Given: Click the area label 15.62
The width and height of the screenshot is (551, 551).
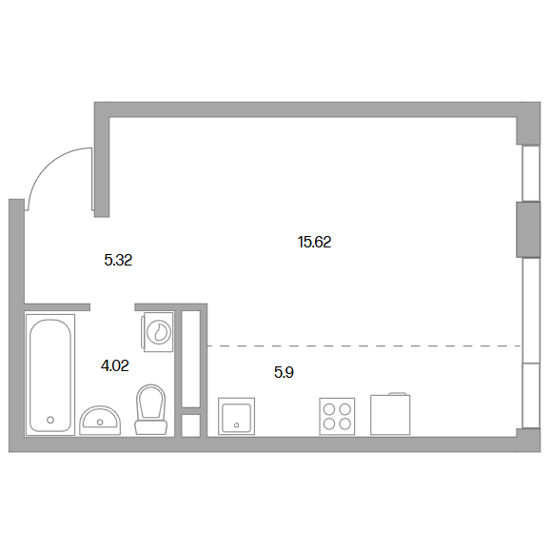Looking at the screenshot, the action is [314, 242].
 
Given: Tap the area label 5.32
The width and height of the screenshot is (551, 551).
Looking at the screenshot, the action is [118, 260].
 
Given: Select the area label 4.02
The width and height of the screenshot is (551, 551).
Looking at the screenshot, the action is [115, 365].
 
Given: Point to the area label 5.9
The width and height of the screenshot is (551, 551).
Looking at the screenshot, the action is [284, 372].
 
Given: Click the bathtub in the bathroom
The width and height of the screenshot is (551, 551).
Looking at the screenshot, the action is [50, 375].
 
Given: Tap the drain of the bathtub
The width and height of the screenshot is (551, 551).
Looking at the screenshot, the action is [50, 420].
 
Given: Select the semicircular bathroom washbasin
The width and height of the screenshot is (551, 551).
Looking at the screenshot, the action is [100, 421].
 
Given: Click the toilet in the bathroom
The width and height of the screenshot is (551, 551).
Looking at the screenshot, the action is [150, 409].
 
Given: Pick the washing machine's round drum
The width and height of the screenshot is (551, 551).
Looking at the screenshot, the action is [159, 332].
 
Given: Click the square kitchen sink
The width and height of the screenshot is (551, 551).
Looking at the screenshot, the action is [237, 417].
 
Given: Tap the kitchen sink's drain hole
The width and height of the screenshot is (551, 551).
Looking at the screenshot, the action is [237, 425].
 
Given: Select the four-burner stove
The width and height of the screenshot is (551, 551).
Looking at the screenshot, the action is [337, 417].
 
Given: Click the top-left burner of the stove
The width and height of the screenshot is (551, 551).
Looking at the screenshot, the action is [329, 409].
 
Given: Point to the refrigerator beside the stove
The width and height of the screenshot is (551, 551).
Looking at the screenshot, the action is [390, 414].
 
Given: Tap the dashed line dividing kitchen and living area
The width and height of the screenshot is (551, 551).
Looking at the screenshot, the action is [364, 346].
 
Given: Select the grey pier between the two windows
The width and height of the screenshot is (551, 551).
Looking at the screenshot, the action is [528, 229].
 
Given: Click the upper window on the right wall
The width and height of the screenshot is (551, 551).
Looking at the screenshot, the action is [531, 173].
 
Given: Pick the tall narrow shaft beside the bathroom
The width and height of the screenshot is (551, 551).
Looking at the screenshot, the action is [191, 359].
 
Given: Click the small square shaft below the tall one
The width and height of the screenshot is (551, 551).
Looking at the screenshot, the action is [191, 425].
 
